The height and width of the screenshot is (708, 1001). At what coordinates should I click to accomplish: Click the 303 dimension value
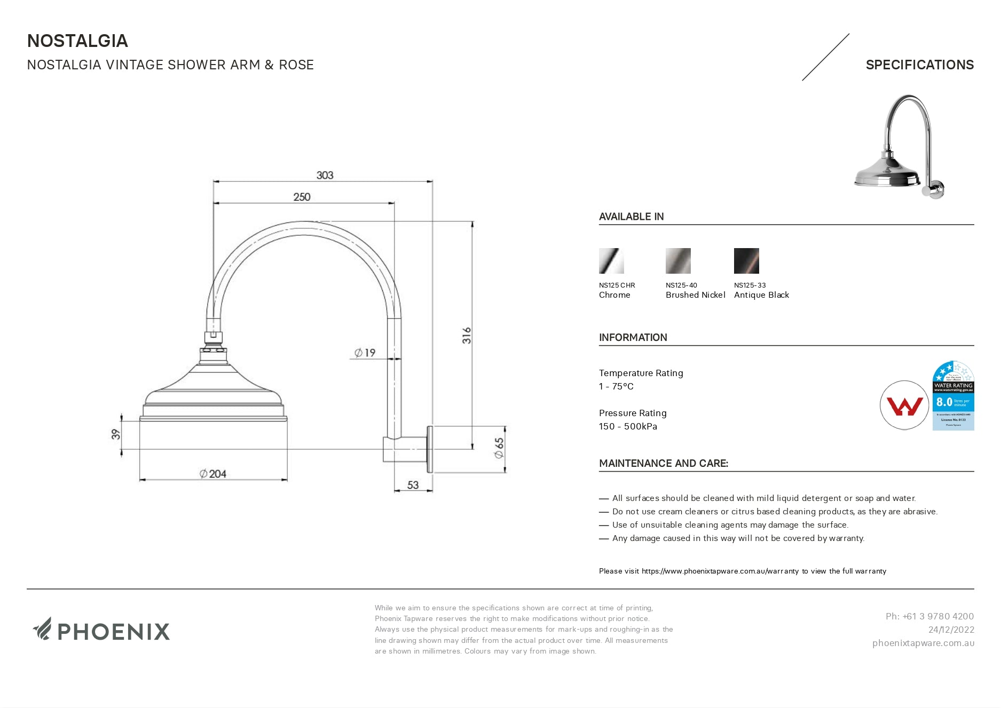click(x=325, y=175)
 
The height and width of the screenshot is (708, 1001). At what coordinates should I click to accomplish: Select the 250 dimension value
click(x=302, y=197)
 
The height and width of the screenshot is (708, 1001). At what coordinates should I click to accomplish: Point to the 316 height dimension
click(x=467, y=335)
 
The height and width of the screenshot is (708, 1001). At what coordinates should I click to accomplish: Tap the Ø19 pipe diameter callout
click(x=365, y=353)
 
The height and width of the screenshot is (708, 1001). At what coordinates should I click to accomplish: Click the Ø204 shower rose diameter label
click(x=213, y=474)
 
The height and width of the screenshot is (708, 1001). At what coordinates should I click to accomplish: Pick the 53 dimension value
click(x=413, y=485)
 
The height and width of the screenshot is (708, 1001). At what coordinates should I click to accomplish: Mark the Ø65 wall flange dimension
click(x=499, y=448)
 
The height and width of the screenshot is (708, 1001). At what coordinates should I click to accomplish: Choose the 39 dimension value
click(x=116, y=434)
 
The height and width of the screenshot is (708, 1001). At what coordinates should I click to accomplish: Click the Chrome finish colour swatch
click(x=611, y=261)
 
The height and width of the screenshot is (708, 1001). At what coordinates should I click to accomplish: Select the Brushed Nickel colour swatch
click(x=678, y=261)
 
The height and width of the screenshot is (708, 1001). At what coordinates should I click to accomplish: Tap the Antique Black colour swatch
click(x=746, y=261)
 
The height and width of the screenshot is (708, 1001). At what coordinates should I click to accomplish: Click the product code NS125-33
click(x=750, y=285)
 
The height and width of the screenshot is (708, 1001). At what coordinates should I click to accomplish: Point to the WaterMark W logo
click(x=904, y=405)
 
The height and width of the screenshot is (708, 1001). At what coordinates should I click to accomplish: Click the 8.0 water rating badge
click(x=953, y=396)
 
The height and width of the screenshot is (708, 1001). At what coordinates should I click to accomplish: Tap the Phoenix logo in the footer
click(x=101, y=630)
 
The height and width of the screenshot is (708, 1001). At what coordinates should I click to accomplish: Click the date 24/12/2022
click(x=951, y=630)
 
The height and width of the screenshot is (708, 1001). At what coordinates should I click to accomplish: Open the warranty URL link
click(x=720, y=571)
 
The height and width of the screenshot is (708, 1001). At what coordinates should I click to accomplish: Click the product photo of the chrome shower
click(x=898, y=147)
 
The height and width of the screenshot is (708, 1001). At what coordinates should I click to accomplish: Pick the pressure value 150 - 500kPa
click(x=628, y=426)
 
